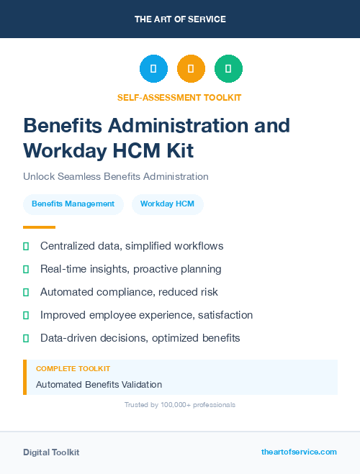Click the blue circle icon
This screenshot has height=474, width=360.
pos(153,68)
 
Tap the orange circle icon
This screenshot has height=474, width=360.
pos(191,68)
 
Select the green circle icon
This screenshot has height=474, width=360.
pos(228,68)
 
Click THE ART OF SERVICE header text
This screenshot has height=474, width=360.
pos(180,19)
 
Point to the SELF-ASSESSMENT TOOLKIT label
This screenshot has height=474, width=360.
pos(179,97)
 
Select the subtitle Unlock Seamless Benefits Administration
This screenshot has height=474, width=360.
pos(116,176)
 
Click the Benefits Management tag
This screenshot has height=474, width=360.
pos(73,204)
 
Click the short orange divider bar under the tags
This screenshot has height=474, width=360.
pos(35,227)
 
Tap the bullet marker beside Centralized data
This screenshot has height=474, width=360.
pos(26,246)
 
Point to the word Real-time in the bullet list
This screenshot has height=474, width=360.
pos(64,269)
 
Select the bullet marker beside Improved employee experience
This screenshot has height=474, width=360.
pos(26,315)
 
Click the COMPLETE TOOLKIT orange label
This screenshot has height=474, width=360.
pos(73,369)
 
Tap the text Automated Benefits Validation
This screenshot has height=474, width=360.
pos(99,384)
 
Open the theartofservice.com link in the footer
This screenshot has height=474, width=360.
pos(299,452)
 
